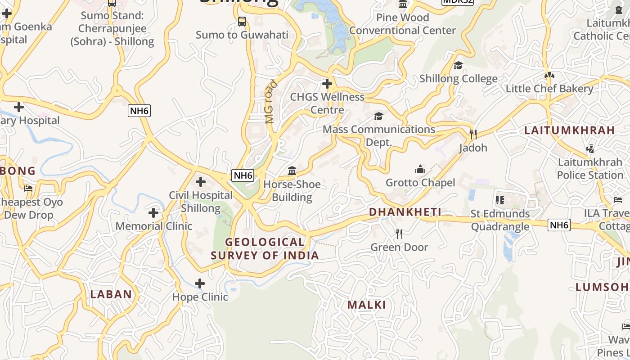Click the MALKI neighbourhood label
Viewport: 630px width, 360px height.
366,305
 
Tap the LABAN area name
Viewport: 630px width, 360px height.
111,294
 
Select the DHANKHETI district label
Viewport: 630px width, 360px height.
405,212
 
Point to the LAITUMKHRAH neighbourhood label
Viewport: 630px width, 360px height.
569,130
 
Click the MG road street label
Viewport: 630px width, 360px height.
270,102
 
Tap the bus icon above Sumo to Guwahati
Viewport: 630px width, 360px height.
242,21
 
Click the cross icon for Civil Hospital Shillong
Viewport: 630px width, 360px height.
201,182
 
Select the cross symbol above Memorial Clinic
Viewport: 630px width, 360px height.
153,212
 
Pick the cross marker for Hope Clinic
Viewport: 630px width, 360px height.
200,283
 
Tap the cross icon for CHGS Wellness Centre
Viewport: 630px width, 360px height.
327,84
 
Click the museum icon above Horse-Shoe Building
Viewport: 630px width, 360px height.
292,171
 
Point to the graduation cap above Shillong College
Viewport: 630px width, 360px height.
458,65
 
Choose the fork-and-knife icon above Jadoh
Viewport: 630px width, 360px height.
473,134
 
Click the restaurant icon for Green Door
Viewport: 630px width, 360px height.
399,234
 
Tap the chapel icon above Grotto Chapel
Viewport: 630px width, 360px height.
420,169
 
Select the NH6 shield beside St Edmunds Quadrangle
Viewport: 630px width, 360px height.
559,225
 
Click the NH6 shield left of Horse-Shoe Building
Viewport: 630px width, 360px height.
243,175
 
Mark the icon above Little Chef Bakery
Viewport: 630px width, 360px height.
549,75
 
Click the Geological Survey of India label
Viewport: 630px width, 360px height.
265,248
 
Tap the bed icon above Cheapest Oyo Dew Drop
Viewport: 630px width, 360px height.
29,189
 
